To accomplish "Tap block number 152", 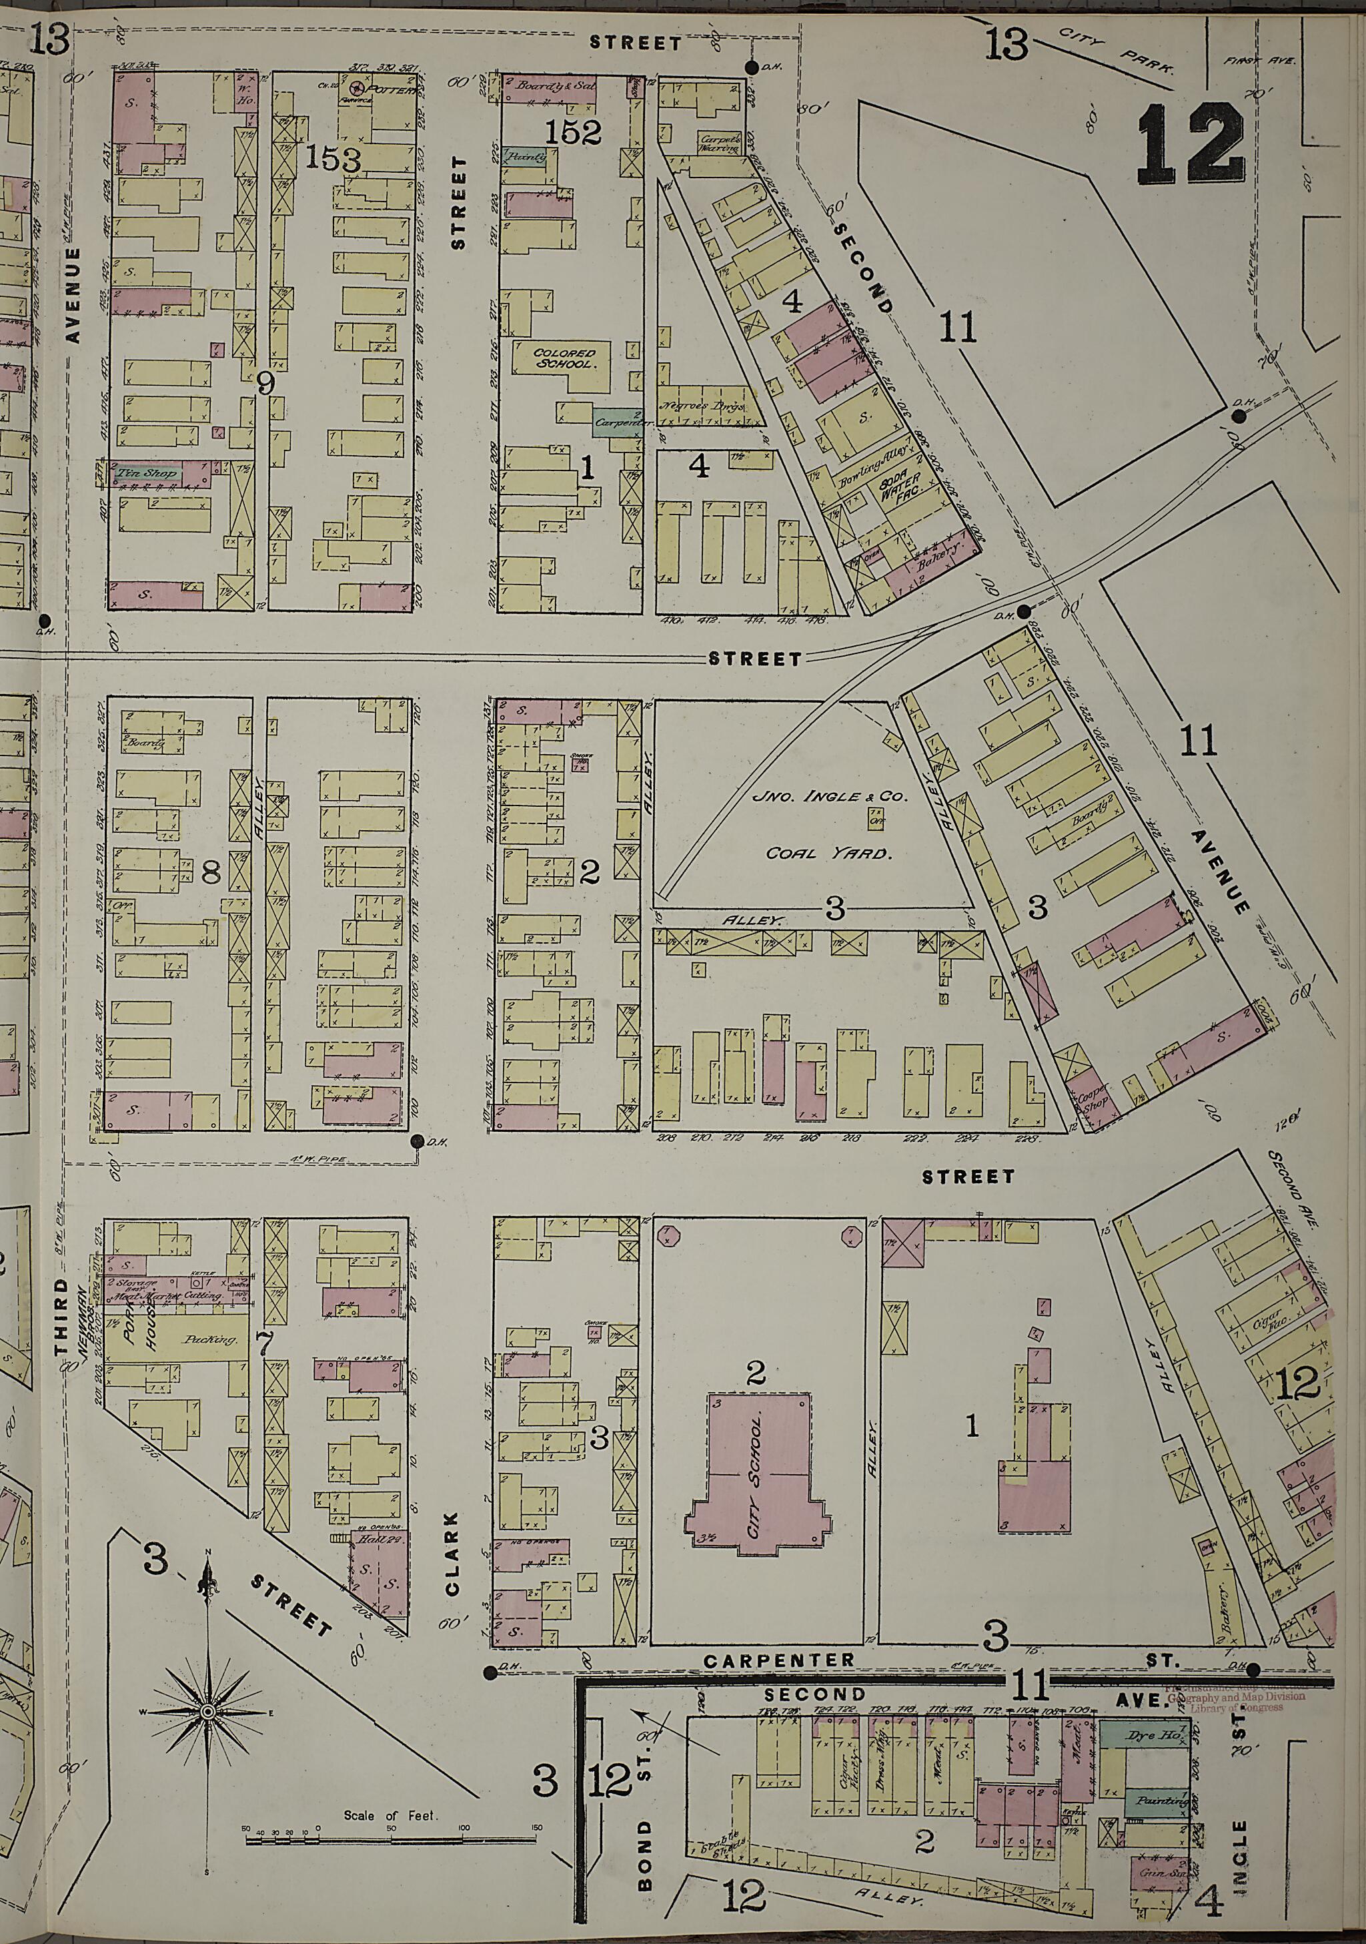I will (573, 131).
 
